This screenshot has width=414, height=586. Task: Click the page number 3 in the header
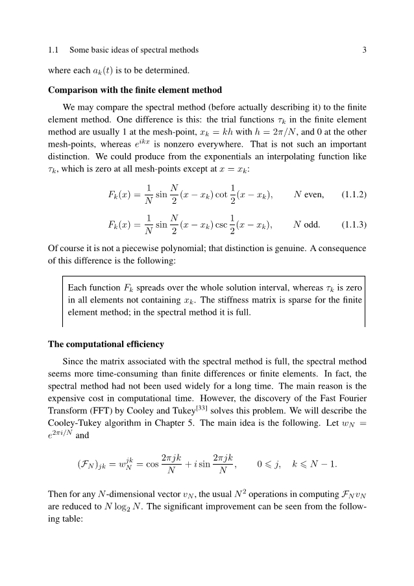365,50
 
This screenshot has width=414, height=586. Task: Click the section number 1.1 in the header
54,50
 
